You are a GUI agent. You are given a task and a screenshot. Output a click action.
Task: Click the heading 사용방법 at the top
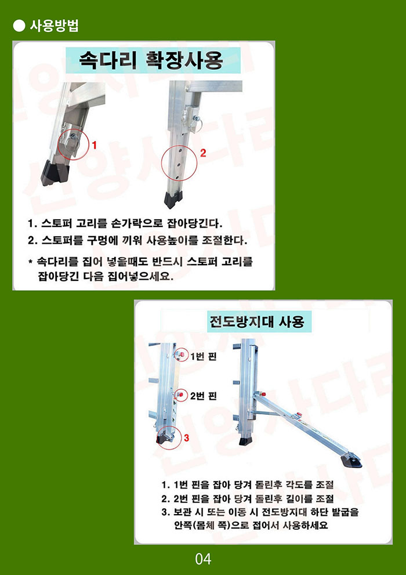point(54,26)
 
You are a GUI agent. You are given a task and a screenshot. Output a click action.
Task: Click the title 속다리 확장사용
point(151,60)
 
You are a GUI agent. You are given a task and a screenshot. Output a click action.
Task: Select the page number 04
point(203,559)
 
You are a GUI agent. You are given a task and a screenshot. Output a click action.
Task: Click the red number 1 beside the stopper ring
point(94,146)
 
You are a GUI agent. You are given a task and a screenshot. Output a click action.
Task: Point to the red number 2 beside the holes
point(203,153)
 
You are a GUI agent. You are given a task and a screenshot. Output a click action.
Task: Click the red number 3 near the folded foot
point(187,437)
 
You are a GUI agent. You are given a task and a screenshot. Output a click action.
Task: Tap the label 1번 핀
point(204,356)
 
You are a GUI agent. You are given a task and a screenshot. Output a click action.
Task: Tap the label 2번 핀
point(204,396)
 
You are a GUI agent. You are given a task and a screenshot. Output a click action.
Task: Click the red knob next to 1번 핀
point(181,355)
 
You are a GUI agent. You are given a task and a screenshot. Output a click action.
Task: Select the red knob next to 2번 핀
point(180,394)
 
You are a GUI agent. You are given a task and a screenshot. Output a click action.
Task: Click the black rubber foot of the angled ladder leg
point(55,173)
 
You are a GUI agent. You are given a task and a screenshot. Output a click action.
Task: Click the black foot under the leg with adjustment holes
point(173,200)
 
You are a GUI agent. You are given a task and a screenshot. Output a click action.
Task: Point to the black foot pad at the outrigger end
point(351,460)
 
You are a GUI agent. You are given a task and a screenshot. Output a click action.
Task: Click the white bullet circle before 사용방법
point(19,26)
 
